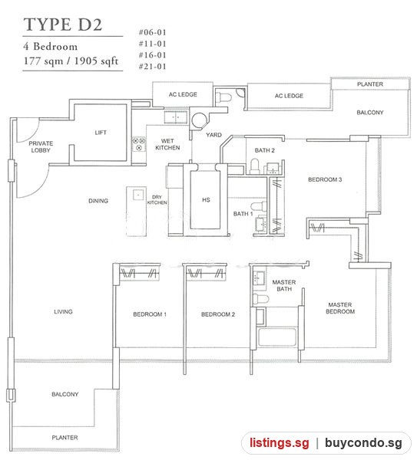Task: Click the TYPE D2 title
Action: [x=63, y=25]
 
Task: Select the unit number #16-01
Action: [x=153, y=55]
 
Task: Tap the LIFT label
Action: [x=101, y=133]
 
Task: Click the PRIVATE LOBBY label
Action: [x=41, y=146]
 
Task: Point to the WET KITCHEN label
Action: [x=167, y=144]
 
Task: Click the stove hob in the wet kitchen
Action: [x=139, y=144]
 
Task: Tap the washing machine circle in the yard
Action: [x=200, y=120]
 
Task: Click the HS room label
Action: [x=206, y=200]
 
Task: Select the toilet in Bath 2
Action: [x=254, y=166]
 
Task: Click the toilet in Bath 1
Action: [x=259, y=206]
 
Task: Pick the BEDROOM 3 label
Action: [x=325, y=179]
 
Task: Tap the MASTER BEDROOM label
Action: [x=340, y=308]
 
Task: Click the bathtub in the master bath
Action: [x=276, y=337]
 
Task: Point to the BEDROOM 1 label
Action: [x=150, y=314]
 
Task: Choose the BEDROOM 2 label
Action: [x=218, y=314]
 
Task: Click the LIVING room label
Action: [x=63, y=311]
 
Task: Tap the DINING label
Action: [x=98, y=201]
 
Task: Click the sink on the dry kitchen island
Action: [x=138, y=195]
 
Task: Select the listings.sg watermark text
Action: [x=280, y=442]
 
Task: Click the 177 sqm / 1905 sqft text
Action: [x=71, y=61]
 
